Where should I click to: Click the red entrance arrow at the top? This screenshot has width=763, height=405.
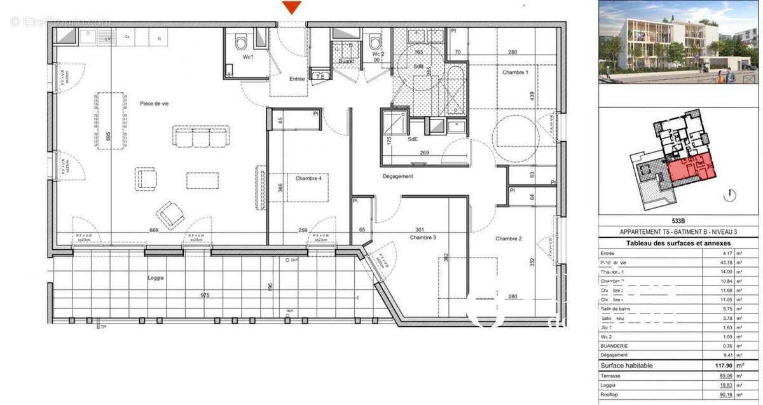291,7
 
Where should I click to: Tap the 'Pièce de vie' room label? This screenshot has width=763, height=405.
155,103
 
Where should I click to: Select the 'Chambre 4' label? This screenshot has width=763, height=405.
308,179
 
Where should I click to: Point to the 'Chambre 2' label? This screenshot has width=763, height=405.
509,238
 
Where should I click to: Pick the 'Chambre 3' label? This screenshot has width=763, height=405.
423,238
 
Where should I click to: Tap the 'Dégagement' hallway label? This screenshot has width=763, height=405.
398,176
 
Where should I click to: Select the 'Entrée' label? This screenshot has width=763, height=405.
297,79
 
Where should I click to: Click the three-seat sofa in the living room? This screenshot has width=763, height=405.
201,136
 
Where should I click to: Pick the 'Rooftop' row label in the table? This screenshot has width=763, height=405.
611,395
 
